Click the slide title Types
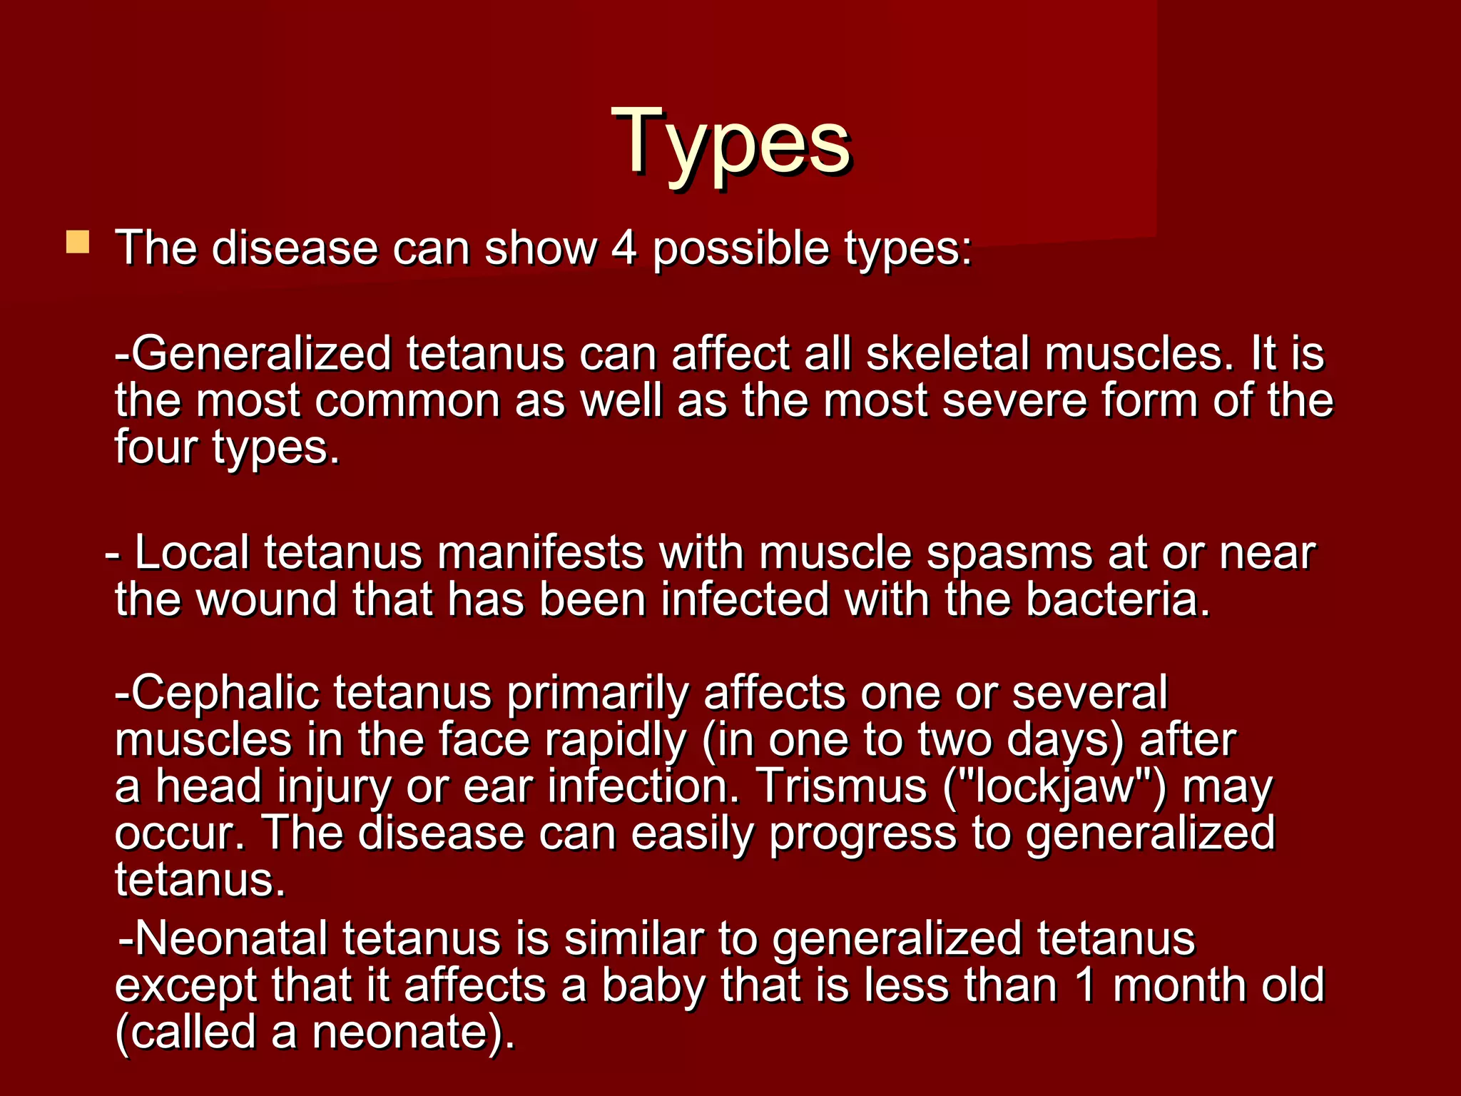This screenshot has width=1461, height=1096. pyautogui.click(x=730, y=143)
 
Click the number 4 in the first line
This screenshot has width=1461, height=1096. pyautogui.click(x=623, y=249)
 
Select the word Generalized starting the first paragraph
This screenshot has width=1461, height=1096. pyautogui.click(x=261, y=354)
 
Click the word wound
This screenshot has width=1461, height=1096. pyautogui.click(x=265, y=599)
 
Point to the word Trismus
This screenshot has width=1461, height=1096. pyautogui.click(x=841, y=786)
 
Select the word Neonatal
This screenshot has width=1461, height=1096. pyautogui.click(x=231, y=938)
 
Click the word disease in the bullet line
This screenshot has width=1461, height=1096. pyautogui.click(x=294, y=249)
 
